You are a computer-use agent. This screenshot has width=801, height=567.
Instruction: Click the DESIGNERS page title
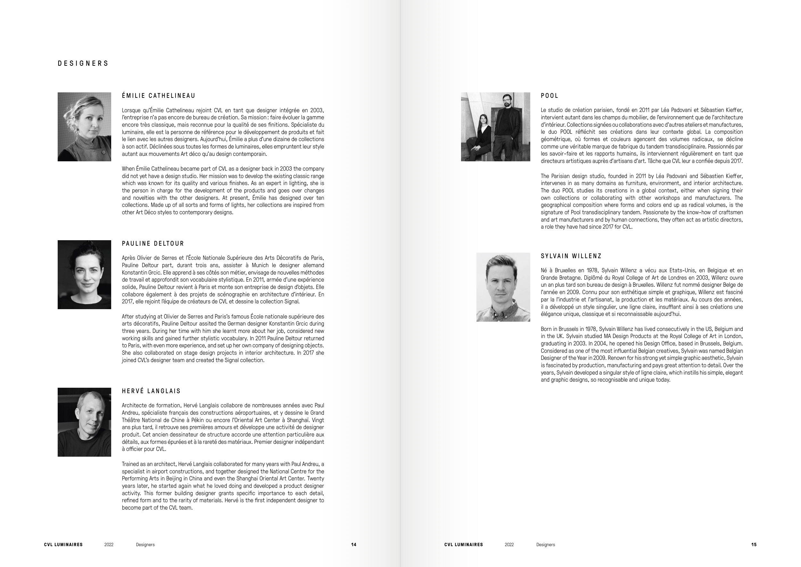(83, 63)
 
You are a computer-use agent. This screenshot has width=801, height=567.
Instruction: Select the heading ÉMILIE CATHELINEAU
(159, 96)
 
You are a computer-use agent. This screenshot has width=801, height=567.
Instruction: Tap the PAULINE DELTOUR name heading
(153, 243)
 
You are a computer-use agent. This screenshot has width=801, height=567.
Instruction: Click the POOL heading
(549, 96)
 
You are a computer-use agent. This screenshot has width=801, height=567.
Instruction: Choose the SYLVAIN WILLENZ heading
(571, 256)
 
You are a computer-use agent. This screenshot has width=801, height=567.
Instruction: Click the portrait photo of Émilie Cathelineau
(85, 127)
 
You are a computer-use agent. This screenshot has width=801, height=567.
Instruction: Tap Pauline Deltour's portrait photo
(85, 275)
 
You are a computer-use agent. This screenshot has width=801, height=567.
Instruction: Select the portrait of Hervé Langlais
(85, 422)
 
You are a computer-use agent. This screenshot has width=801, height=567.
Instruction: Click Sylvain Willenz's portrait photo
(503, 287)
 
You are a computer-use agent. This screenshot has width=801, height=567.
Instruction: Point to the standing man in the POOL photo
(506, 126)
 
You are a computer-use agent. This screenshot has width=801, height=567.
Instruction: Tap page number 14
(354, 545)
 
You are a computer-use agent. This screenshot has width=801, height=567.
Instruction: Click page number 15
(754, 545)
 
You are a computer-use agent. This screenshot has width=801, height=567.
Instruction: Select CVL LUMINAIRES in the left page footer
(63, 545)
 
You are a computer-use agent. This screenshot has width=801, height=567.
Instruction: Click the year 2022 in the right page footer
(509, 545)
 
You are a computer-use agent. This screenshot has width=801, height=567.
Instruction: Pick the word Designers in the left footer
(145, 545)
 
